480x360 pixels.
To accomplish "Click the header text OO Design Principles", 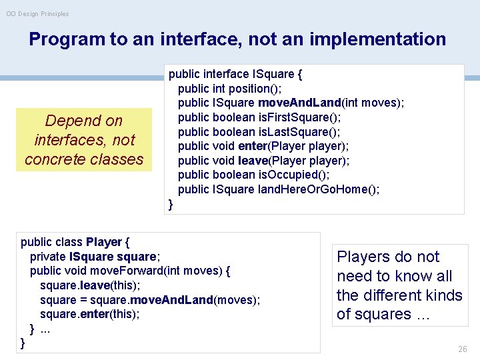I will (37, 13).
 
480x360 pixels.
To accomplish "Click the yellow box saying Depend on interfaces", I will (84, 140).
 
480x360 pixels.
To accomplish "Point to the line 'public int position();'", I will (229, 89).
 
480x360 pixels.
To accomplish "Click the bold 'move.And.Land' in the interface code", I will (303, 103).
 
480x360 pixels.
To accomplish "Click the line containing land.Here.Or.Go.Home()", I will (279, 189).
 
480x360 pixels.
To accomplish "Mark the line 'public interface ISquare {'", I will (235, 74).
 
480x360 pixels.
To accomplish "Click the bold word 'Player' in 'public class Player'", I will (103, 241).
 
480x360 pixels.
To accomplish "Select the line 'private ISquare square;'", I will (95, 256).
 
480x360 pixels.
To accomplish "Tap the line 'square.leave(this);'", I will (90, 285).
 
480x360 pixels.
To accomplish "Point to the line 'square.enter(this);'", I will (90, 314).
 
